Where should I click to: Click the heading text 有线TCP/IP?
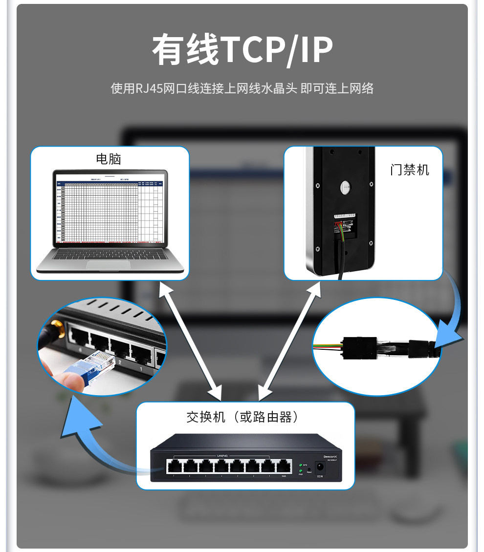(242, 50)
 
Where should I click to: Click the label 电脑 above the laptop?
(108, 159)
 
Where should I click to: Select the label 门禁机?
(409, 170)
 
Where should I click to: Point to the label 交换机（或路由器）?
(242, 417)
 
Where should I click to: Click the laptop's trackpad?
(109, 264)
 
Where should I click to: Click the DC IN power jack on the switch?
(320, 467)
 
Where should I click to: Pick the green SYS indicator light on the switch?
(300, 465)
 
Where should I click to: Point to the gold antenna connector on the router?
(58, 328)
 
